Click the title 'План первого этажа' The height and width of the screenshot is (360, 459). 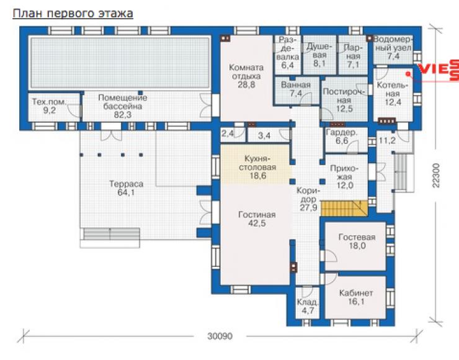[x=73, y=14]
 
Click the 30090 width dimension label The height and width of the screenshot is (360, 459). [x=220, y=336]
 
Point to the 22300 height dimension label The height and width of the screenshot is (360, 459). [x=436, y=176]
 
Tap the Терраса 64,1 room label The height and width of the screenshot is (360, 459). [x=126, y=188]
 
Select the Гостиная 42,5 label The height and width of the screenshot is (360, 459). [x=257, y=219]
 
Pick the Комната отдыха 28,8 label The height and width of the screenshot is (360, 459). [x=246, y=76]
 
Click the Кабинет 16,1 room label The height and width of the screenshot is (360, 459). [x=356, y=297]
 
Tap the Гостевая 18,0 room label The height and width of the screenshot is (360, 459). [x=357, y=241]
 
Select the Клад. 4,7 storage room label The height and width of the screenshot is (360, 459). [x=308, y=306]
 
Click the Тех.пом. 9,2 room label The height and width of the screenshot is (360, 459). [x=49, y=106]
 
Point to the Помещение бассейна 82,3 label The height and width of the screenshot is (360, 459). [x=123, y=106]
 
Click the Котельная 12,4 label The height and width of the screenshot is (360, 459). [x=393, y=94]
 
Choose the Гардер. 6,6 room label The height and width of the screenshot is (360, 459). [x=342, y=137]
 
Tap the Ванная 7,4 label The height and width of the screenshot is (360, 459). [x=296, y=89]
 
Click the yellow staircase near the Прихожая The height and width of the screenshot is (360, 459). [x=344, y=209]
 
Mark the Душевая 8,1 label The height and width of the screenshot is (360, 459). [x=319, y=55]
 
